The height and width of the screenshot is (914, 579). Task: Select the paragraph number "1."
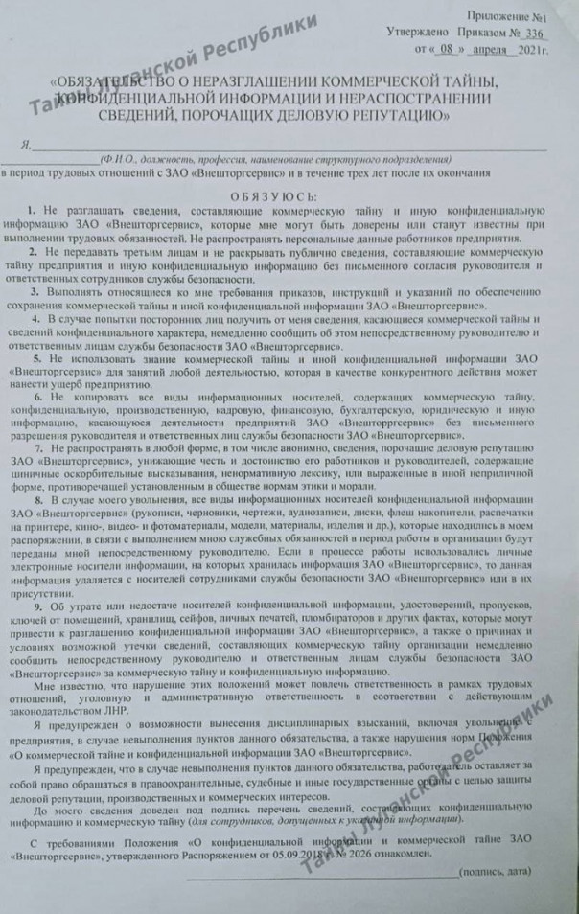click(32, 210)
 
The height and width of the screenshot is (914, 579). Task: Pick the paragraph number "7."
click(37, 447)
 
